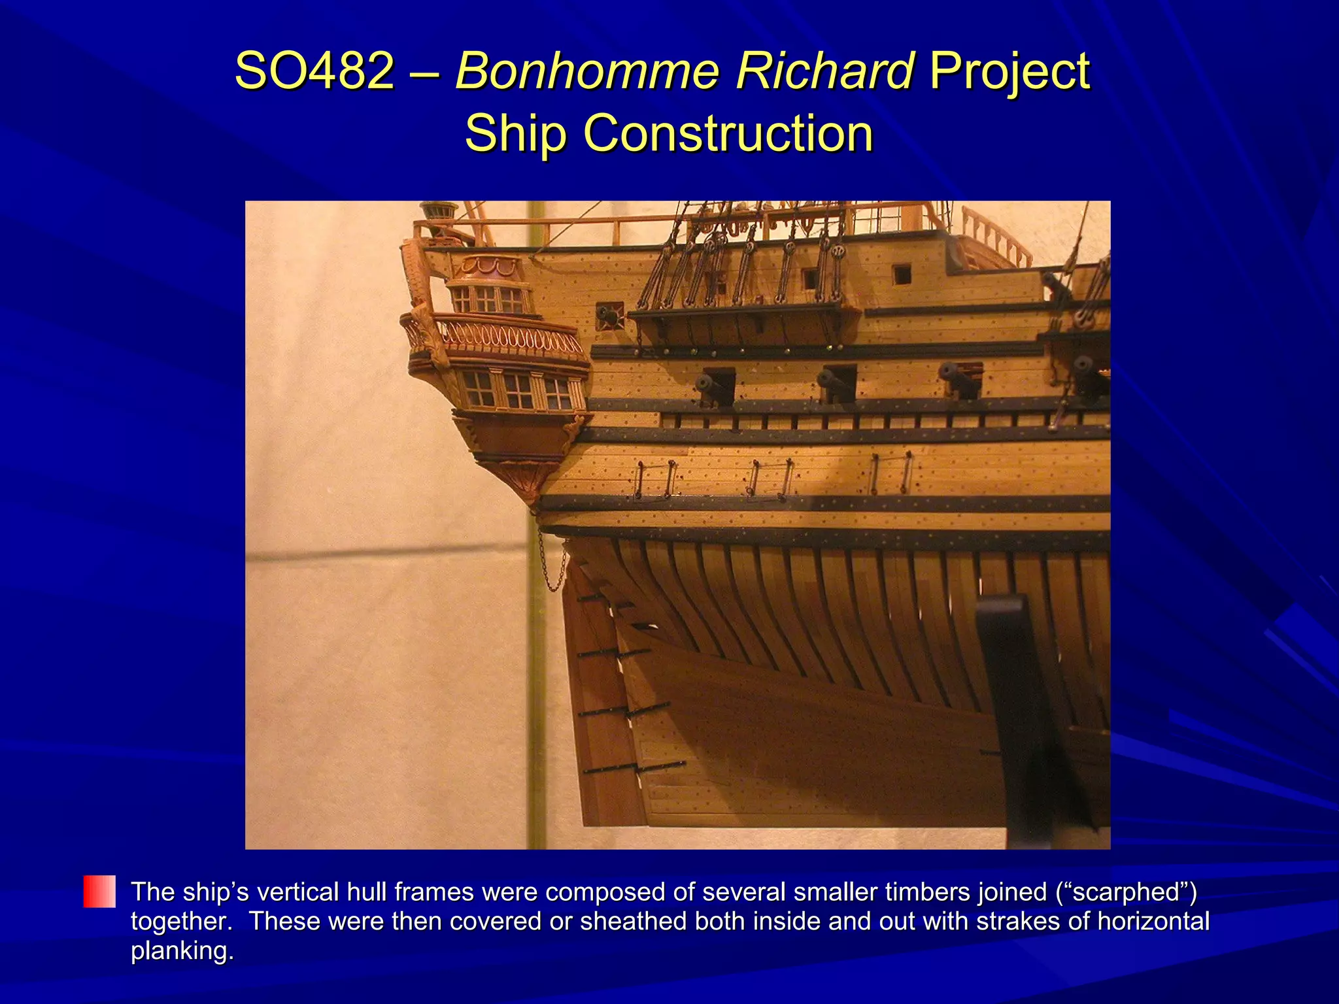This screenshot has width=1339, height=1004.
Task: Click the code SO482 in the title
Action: [x=314, y=71]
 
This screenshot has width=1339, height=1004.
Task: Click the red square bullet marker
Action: [x=99, y=892]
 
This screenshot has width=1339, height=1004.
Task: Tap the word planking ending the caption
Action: [x=182, y=951]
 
